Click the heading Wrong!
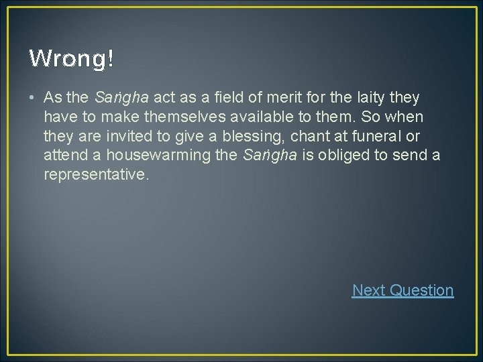(x=71, y=59)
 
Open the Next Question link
(x=402, y=290)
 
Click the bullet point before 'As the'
(x=32, y=98)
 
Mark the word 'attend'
(x=63, y=156)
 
